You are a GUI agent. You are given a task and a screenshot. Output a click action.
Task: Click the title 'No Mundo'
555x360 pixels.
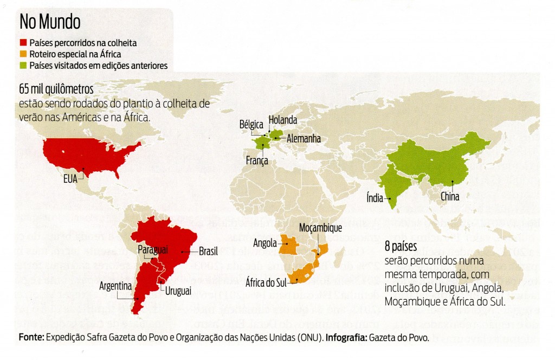50,22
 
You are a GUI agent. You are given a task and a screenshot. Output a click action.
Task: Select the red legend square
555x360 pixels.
23,43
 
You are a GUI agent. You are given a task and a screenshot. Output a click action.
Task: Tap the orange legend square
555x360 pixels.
23,54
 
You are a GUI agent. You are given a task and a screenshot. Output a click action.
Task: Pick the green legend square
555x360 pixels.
23,66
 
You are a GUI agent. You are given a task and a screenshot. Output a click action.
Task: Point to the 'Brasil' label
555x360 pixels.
209,252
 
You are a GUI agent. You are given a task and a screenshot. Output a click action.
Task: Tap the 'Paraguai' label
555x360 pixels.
153,249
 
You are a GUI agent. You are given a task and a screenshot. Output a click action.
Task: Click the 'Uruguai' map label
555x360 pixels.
178,291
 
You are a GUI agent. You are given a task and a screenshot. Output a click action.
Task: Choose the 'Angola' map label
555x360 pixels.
265,243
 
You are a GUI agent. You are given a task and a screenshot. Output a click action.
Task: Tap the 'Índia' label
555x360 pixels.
375,199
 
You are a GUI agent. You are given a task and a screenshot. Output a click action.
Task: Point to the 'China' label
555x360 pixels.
450,197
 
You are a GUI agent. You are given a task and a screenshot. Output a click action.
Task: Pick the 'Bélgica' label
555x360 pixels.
251,124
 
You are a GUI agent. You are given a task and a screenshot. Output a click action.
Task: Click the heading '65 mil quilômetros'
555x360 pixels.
56,88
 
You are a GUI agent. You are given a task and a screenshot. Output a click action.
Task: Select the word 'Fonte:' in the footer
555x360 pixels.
31,337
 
